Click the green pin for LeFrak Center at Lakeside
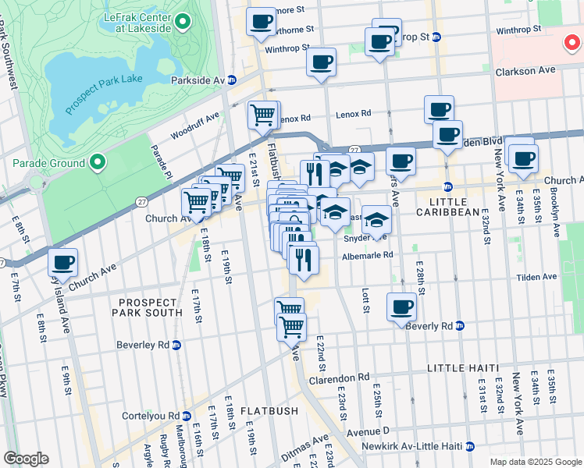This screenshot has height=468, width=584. [183, 22]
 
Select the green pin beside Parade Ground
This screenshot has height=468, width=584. [97, 163]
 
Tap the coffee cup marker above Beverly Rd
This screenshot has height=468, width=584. [402, 307]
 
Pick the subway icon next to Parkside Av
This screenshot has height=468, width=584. [244, 80]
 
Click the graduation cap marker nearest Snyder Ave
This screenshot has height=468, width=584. [376, 221]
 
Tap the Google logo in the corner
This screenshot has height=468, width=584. [26, 459]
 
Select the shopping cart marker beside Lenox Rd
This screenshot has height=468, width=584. [264, 115]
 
